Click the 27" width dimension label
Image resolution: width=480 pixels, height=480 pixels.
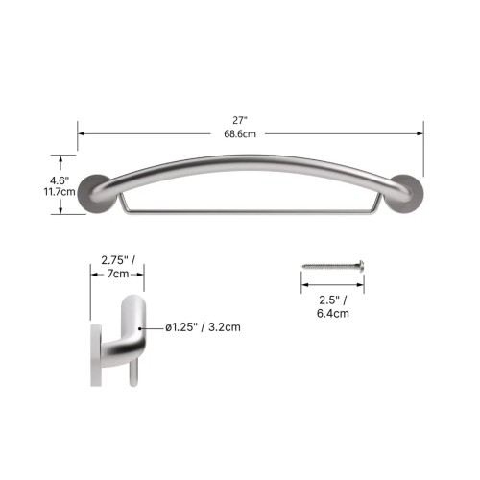click(x=240, y=121)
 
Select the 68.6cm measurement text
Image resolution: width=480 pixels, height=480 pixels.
click(x=240, y=134)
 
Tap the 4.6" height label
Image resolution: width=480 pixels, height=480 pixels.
click(x=60, y=180)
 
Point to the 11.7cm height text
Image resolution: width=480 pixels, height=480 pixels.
click(x=60, y=192)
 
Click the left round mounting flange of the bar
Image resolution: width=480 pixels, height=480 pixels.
click(x=95, y=194)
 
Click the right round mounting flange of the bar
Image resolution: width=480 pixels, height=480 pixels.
click(x=406, y=194)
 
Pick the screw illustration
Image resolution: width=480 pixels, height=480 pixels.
click(x=333, y=266)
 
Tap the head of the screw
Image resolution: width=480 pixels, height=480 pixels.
click(x=361, y=266)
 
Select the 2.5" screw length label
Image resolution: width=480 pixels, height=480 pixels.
click(x=333, y=300)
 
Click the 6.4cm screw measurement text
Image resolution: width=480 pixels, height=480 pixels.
click(x=333, y=313)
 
